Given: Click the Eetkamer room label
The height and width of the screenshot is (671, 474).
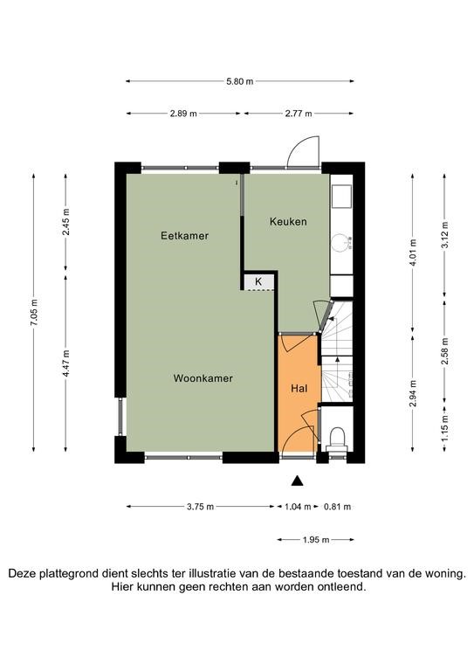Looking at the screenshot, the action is (185, 236).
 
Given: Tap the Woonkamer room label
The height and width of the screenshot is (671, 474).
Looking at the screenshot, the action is (203, 378).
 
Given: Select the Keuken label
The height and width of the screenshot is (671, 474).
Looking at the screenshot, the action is (288, 222).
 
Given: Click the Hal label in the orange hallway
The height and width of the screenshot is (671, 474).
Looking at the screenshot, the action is (299, 389).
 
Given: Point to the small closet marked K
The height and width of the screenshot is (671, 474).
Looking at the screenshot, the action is (258, 281).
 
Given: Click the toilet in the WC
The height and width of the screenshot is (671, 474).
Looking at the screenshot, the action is (337, 439).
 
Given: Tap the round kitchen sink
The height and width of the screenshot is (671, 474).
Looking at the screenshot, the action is (341, 242).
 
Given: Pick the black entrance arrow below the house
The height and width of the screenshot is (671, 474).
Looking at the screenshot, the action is (298, 481).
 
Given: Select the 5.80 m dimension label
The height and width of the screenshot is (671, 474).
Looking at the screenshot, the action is (240, 81).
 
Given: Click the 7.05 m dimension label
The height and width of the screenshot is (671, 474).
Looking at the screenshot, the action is (34, 312).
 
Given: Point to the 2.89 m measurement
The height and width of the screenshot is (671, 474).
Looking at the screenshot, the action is (183, 114).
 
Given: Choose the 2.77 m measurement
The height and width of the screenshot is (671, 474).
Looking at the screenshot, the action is (299, 114).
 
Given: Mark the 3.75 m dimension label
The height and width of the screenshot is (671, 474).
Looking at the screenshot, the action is (200, 507).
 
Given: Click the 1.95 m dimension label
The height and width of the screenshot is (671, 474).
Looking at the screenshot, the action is (316, 540).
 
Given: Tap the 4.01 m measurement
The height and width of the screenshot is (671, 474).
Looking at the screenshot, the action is (413, 252).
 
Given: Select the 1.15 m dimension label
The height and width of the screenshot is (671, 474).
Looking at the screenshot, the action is (445, 428).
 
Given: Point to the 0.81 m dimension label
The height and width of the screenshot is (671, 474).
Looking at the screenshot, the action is (337, 507).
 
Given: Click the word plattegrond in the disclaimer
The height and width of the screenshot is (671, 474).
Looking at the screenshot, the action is (68, 574).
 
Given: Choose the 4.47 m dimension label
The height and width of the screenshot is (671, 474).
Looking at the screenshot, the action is (66, 363).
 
